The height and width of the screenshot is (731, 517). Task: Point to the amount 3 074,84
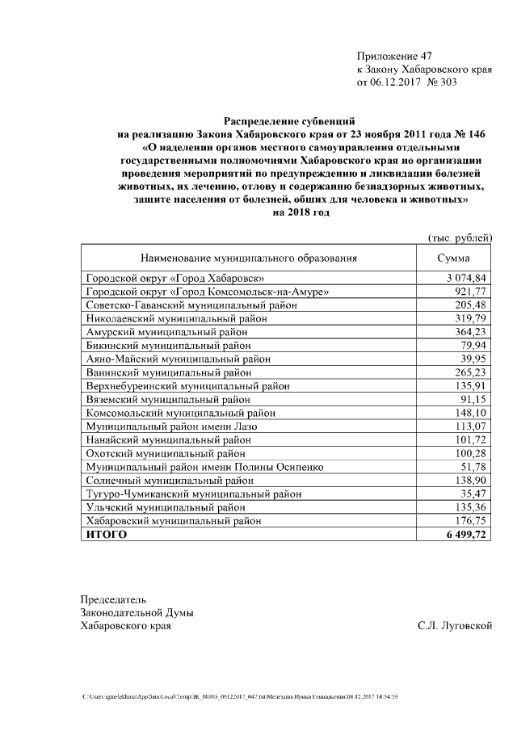pos(464,278)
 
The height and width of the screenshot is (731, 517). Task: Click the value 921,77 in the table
pos(470,291)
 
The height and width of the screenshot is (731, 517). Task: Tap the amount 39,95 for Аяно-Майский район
pos(473,359)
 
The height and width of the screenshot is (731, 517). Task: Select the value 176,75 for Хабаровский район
pos(470,521)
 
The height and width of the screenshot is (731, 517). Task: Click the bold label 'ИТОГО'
pos(107,535)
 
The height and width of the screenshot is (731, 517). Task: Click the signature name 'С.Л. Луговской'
pos(455,626)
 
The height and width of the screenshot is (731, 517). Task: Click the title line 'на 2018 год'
pos(301,212)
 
